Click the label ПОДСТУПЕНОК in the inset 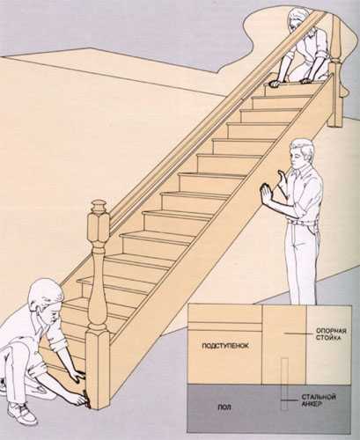(x=225, y=346)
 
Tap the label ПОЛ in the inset (x=224, y=407)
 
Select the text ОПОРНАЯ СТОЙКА (x=331, y=334)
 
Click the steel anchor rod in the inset (x=284, y=384)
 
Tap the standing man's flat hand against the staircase (x=267, y=194)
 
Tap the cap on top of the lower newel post (x=99, y=207)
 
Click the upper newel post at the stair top (x=337, y=70)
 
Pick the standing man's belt (x=302, y=224)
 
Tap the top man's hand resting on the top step (x=275, y=84)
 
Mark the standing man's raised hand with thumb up (x=283, y=180)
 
